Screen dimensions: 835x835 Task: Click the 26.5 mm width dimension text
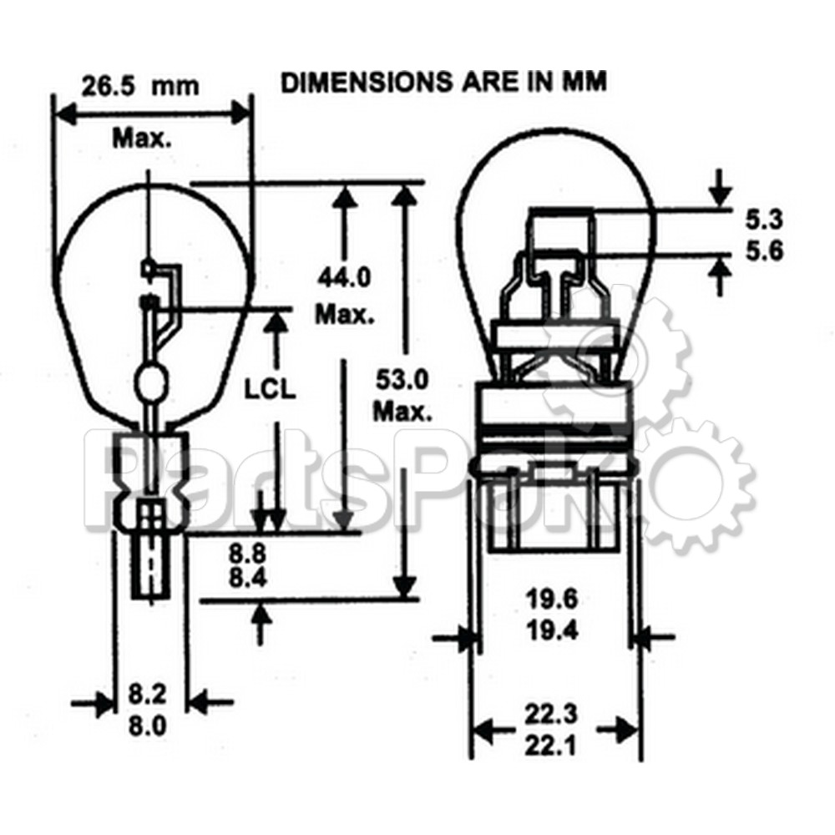pyautogui.click(x=140, y=85)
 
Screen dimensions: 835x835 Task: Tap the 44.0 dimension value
pyautogui.click(x=343, y=276)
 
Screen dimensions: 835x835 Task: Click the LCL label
pyautogui.click(x=269, y=389)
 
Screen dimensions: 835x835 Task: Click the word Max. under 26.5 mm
pyautogui.click(x=142, y=138)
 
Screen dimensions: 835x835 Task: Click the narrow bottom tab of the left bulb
pyautogui.click(x=150, y=569)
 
